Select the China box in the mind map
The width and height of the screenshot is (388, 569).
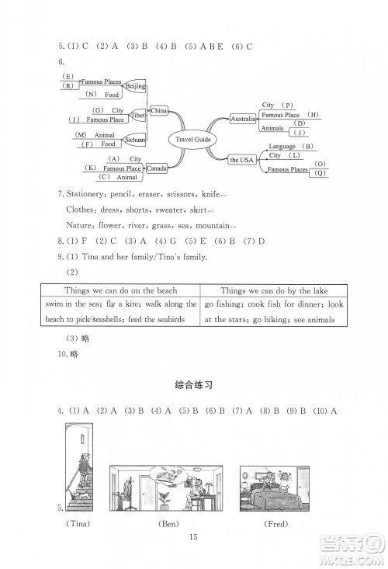[x=158, y=111]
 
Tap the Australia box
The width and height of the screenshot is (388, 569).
[x=243, y=119]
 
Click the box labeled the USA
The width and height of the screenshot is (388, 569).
[x=242, y=159]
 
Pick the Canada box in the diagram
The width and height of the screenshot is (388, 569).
[x=158, y=168]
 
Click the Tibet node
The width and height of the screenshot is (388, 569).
[x=137, y=115]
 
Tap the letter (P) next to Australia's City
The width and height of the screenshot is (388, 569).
[x=288, y=105]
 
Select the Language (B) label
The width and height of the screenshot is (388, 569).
[x=290, y=147]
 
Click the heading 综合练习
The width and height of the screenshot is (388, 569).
[x=193, y=385]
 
